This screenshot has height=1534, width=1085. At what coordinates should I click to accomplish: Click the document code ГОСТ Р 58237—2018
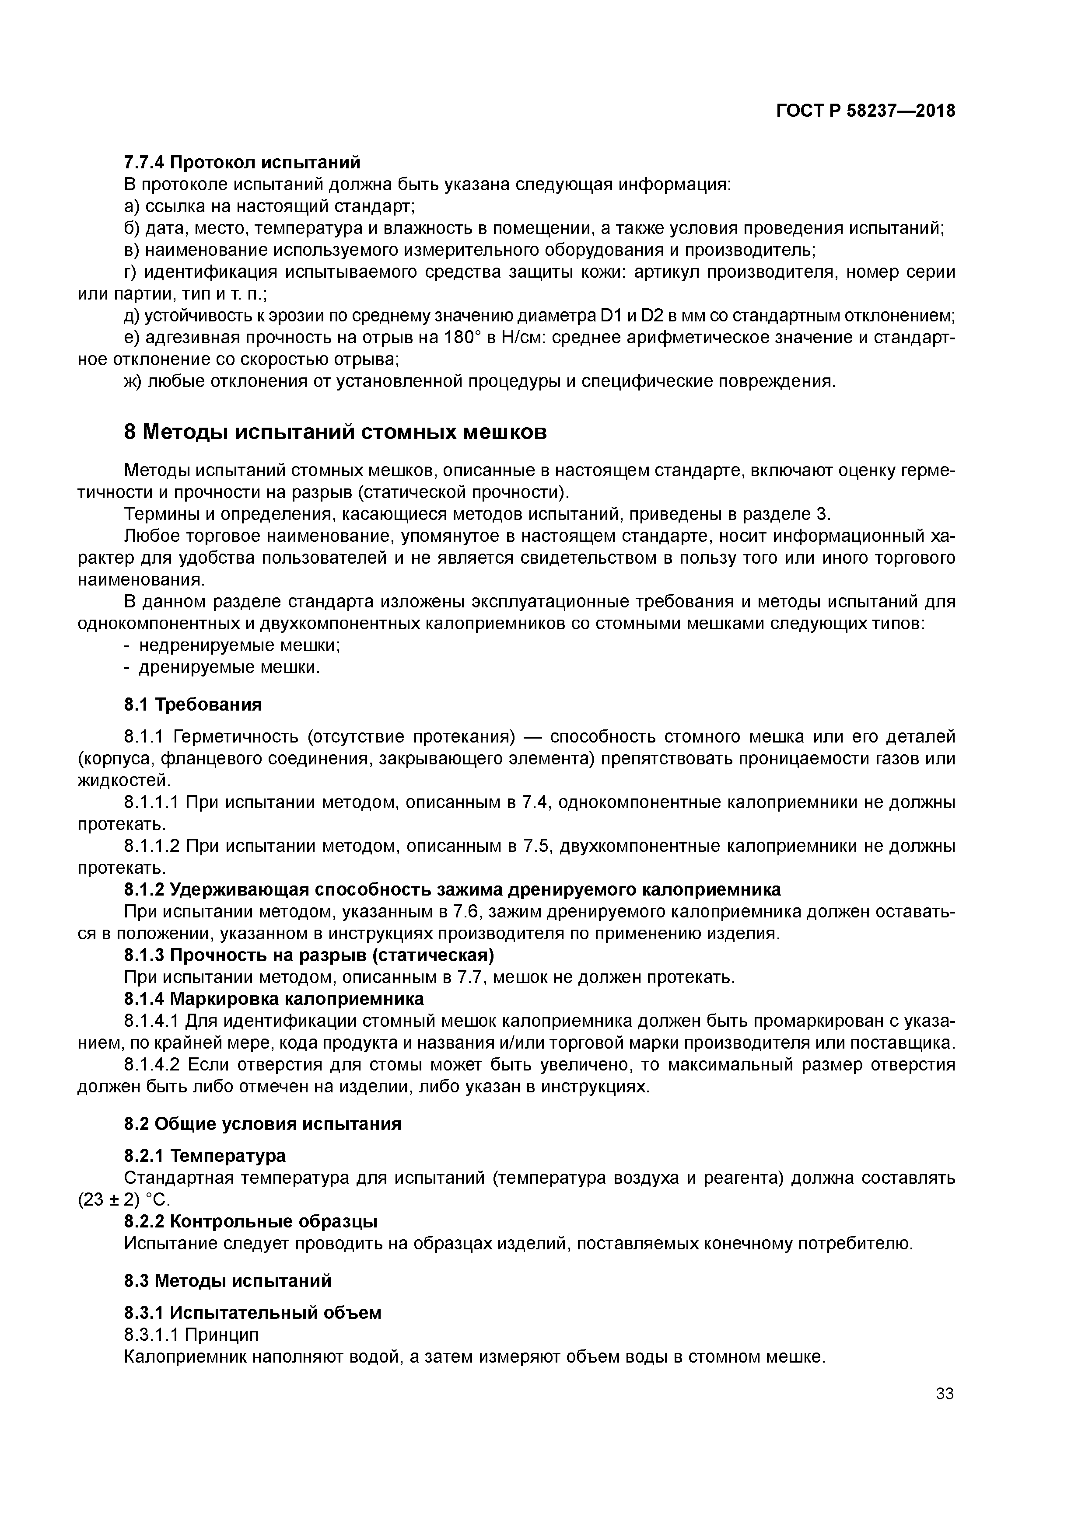click(865, 112)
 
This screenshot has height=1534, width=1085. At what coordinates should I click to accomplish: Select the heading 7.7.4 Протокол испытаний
click(242, 162)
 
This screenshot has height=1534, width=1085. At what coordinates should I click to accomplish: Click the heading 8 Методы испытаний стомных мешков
click(335, 432)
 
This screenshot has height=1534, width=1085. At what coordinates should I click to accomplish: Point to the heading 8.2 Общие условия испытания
click(263, 1124)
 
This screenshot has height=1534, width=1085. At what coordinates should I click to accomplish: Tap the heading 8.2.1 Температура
click(205, 1155)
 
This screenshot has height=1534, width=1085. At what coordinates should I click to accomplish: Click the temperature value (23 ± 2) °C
click(124, 1199)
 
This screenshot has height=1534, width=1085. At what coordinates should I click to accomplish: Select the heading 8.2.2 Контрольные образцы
click(251, 1221)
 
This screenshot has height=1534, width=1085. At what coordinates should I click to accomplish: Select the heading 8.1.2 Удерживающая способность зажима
click(452, 890)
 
